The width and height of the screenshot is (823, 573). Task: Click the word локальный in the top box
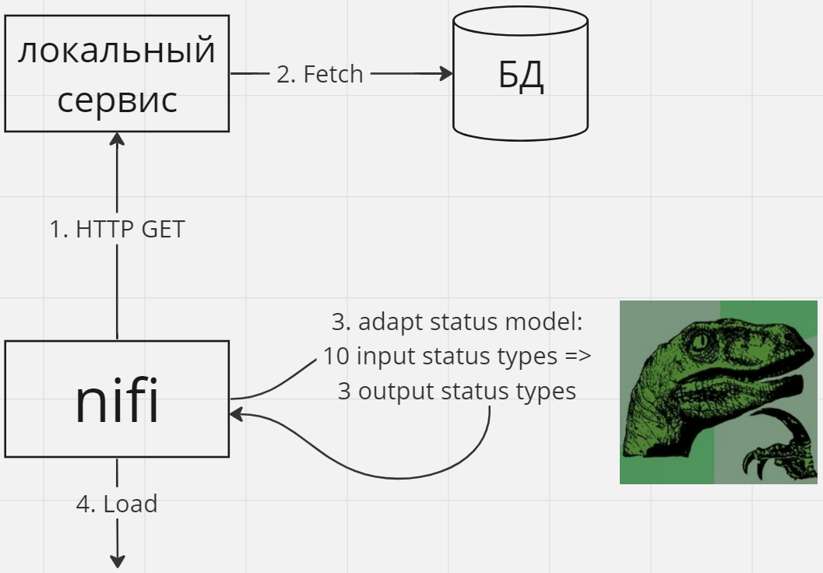(117, 51)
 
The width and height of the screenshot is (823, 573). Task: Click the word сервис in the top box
(117, 100)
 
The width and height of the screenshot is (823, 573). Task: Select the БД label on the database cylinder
(521, 76)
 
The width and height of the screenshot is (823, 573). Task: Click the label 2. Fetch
(320, 74)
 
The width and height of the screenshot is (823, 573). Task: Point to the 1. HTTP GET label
(117, 230)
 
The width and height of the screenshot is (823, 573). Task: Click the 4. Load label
(117, 504)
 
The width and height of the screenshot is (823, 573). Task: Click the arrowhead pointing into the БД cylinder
(446, 73)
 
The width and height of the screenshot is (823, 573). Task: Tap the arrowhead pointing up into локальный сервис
(117, 139)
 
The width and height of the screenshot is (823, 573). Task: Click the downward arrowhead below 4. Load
(118, 561)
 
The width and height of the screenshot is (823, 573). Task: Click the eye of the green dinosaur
(699, 342)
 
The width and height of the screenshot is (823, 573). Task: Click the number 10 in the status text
(336, 357)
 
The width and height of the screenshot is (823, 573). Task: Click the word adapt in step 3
(392, 322)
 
